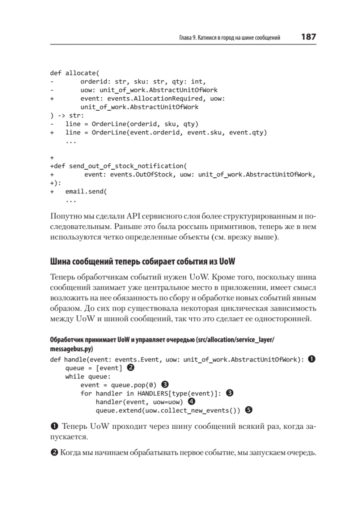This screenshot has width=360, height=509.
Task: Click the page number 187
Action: (x=308, y=37)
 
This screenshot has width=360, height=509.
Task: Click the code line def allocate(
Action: (x=74, y=73)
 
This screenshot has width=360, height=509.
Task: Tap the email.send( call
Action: (x=86, y=191)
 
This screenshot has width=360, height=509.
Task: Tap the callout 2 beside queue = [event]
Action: (x=131, y=368)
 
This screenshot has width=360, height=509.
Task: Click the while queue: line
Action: (x=88, y=377)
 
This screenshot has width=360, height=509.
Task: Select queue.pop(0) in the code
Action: (x=134, y=385)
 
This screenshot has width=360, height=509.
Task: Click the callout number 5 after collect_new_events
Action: (x=249, y=410)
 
